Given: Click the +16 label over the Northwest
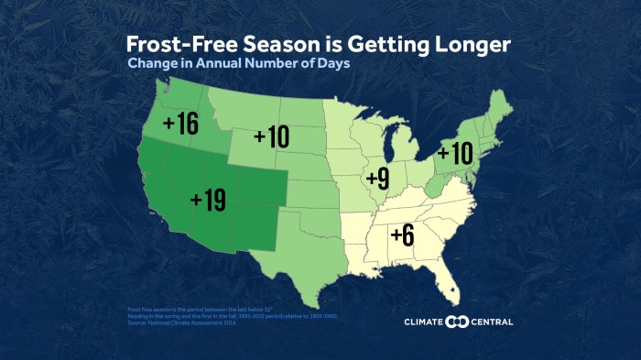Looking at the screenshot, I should [x=180, y=125].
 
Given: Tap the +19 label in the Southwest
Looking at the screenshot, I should [x=208, y=200].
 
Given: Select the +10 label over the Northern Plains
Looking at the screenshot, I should [x=271, y=137].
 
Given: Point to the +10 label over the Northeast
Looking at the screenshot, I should [x=454, y=153].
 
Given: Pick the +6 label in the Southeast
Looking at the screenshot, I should [x=403, y=235].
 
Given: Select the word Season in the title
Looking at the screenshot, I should [x=274, y=45].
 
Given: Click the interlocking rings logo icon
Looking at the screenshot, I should [x=456, y=322].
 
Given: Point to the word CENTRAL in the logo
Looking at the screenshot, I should [x=491, y=322].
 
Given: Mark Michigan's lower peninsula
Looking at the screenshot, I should [x=400, y=151].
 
